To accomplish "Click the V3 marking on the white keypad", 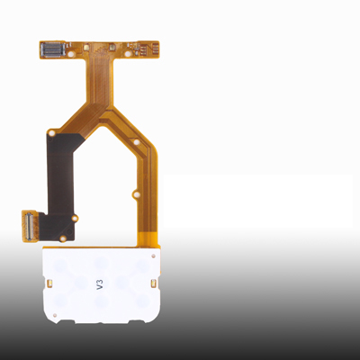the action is coord(100,283).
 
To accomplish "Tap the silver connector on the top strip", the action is coord(53,49).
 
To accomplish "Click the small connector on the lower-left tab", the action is coord(29,226).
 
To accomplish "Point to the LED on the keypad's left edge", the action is coord(50,283).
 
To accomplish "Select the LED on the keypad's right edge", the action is coord(154,283).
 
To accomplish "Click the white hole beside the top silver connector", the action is coord(72,55).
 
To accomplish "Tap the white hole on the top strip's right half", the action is coord(128,54).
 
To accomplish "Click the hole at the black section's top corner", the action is coord(52,132).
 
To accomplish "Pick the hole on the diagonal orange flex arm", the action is coord(136,142).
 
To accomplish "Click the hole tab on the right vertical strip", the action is coord(136,195).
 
